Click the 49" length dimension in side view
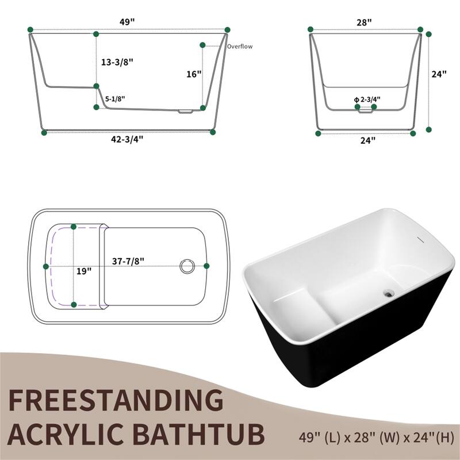point(128,22)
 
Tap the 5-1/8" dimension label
point(115,99)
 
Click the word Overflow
point(239,47)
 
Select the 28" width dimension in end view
point(364,22)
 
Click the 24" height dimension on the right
point(440,74)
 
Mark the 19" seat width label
point(84,271)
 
